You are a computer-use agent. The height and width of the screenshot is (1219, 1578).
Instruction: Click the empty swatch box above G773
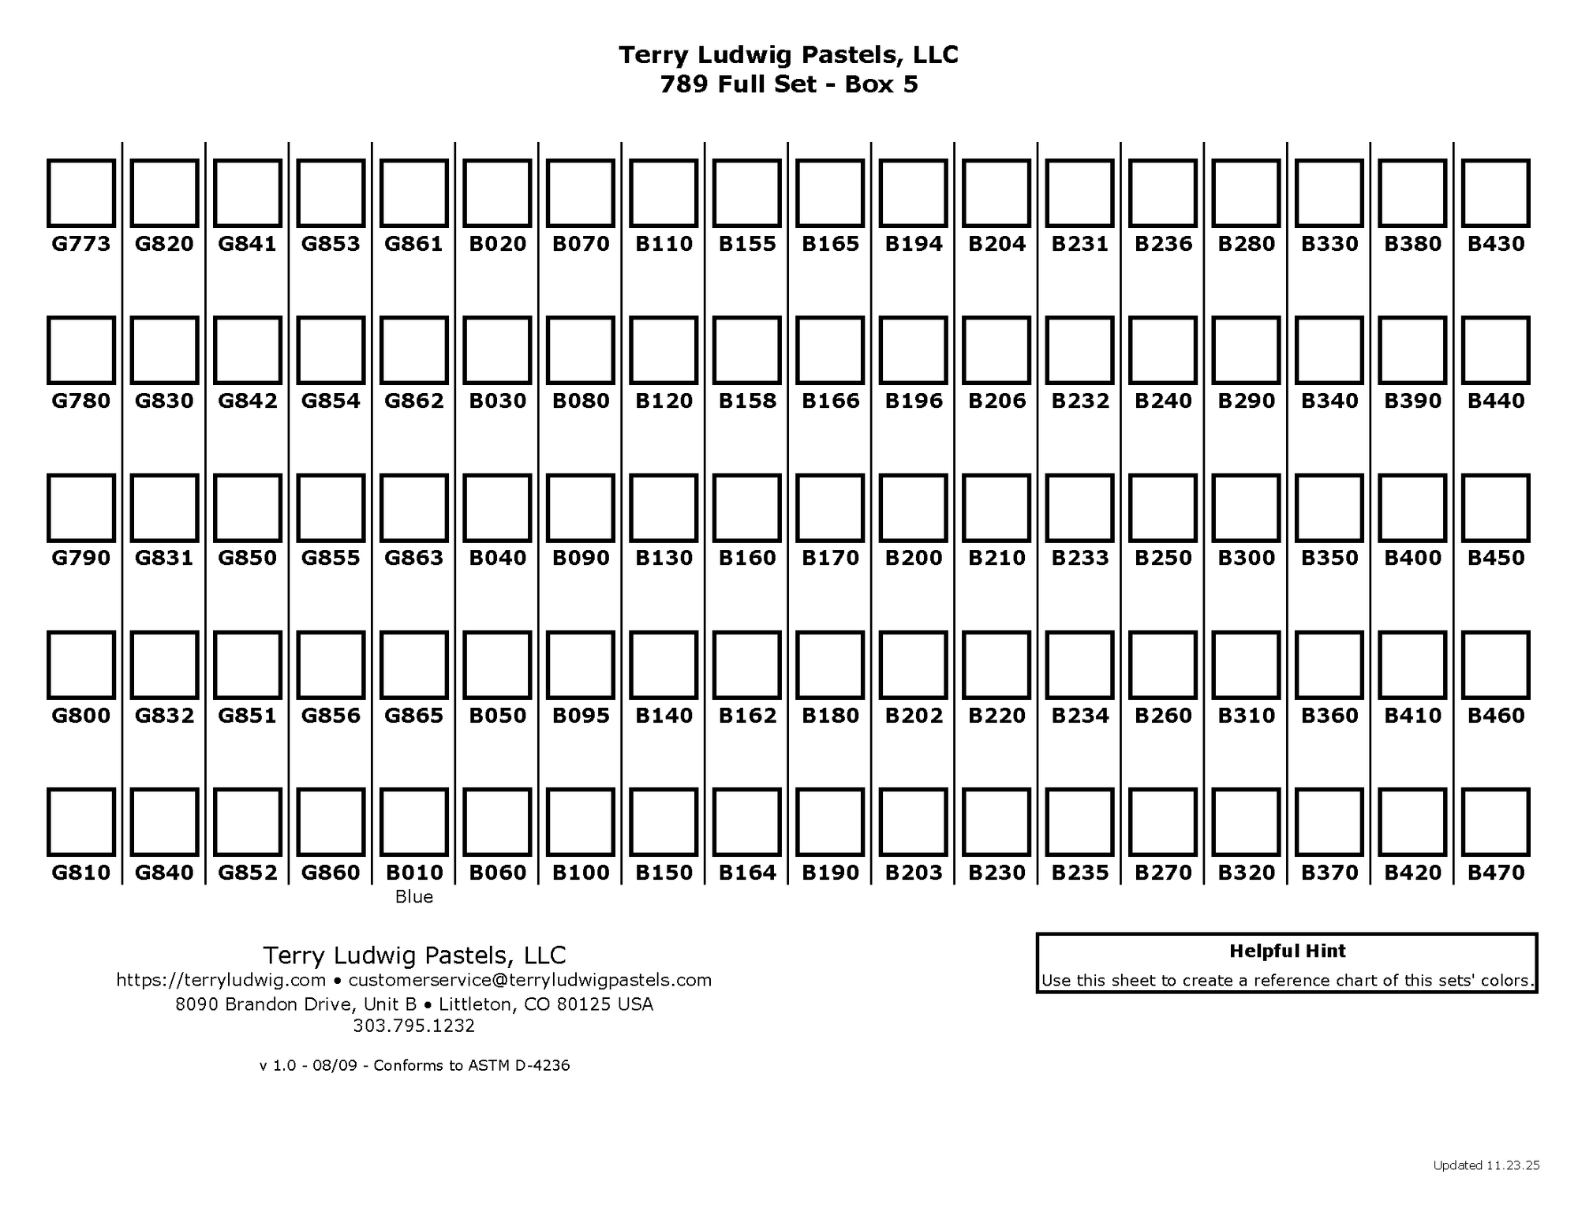click(x=81, y=193)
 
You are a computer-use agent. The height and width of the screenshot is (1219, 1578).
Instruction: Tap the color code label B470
click(x=1496, y=873)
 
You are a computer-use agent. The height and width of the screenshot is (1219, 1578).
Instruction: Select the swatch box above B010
click(x=414, y=822)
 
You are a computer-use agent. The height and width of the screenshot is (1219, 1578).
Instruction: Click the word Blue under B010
click(x=414, y=897)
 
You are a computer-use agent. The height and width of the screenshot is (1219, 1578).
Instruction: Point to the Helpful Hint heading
click(x=1287, y=952)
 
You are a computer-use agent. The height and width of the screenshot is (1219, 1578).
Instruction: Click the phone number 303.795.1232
click(x=414, y=1026)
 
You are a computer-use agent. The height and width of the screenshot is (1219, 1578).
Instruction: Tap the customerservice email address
click(x=530, y=980)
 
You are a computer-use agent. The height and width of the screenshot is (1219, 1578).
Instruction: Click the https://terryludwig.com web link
click(x=221, y=980)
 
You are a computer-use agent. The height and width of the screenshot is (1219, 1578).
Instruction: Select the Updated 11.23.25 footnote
click(x=1486, y=1165)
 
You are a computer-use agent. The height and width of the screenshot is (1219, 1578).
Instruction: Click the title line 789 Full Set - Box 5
click(x=789, y=84)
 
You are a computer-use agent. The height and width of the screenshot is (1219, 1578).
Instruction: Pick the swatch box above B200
click(x=914, y=508)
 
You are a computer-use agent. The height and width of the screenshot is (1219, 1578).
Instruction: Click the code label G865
click(x=414, y=716)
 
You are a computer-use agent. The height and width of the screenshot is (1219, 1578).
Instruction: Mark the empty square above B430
click(x=1496, y=193)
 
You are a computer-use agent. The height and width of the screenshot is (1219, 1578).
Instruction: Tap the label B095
click(x=581, y=716)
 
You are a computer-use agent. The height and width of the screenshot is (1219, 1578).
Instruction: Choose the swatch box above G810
click(x=81, y=822)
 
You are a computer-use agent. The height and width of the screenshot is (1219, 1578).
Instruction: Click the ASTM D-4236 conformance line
click(x=414, y=1066)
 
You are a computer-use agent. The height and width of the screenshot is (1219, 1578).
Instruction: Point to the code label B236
click(x=1163, y=244)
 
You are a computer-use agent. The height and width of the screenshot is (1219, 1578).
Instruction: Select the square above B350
click(x=1329, y=508)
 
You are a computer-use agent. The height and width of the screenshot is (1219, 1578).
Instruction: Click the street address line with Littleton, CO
click(x=414, y=1004)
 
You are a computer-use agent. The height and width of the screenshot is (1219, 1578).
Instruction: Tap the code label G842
click(x=248, y=401)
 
